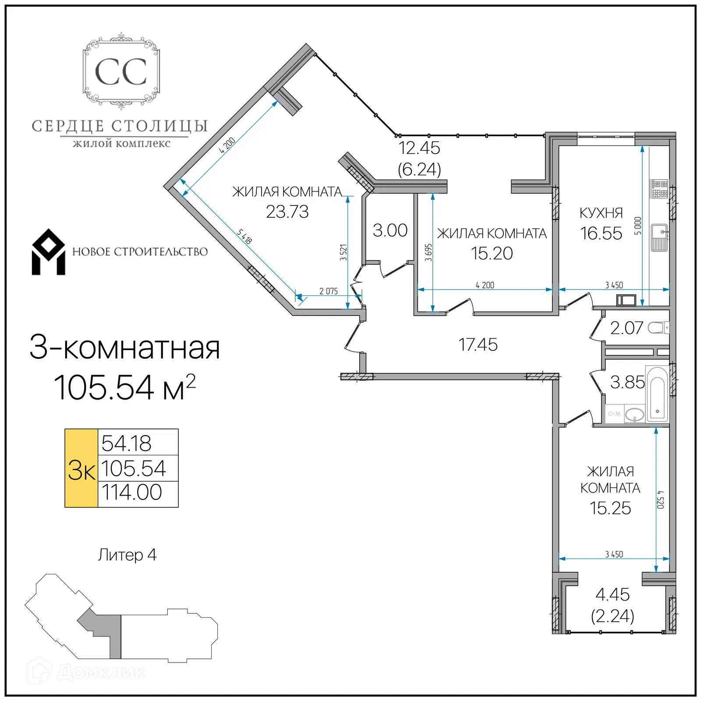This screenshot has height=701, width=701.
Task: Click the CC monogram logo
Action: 121,71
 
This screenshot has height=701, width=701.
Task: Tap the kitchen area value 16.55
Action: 601,234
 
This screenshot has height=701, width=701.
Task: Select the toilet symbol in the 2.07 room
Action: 659,328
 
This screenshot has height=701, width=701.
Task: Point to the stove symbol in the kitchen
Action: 659,189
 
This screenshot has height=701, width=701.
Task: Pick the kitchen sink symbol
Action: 659,237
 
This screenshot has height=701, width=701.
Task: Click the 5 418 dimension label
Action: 244,237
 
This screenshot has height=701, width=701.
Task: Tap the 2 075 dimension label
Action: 328,291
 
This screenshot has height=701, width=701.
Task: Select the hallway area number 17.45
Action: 478,345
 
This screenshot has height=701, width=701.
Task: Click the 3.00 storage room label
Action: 390,230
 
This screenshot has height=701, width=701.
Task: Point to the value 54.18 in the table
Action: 127,443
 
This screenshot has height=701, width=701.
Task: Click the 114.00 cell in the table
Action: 132,492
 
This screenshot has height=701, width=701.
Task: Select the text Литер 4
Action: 127,555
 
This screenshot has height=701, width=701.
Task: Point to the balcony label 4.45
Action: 612,595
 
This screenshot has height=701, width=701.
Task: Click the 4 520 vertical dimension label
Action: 661,499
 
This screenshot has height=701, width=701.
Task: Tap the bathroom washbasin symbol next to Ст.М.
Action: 634,414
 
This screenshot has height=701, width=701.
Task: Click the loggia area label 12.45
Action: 419,148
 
